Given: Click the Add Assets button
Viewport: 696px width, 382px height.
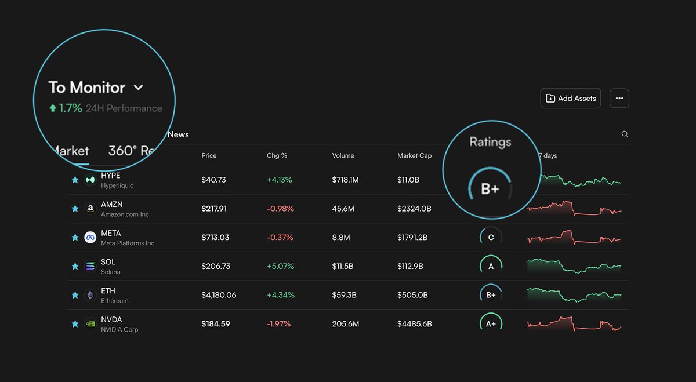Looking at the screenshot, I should pos(571,99).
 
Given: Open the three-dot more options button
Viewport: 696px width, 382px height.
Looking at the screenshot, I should pos(619,99).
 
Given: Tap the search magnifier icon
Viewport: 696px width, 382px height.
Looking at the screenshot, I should pos(625,134).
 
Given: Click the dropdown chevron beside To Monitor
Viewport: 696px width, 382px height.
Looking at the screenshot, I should pos(138,88).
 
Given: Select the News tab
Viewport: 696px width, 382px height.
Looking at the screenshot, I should pos(178,134).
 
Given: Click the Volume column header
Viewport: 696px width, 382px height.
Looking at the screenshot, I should pos(343,155).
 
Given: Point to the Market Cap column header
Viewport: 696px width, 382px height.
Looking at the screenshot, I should pos(414,155).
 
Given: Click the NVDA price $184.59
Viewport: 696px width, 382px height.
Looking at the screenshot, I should pos(216,324).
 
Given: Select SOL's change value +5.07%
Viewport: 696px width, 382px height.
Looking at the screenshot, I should pos(280,266).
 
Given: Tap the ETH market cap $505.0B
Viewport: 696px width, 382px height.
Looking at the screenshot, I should pos(412,295).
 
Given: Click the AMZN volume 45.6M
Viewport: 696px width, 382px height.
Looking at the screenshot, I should pos(343,209).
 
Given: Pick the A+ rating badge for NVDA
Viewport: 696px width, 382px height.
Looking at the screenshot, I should pos(491,324).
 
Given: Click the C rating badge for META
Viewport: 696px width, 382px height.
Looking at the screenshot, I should pos(491,238).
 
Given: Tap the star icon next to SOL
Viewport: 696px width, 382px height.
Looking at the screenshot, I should pos(75,267).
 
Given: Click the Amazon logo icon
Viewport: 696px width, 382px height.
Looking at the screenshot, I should pos(90,209).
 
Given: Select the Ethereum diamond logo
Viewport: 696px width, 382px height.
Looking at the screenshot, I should pos(90,295).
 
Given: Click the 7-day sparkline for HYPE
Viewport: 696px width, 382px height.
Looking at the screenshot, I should pos(580,181).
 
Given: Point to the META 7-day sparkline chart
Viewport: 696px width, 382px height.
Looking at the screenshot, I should pos(574,238).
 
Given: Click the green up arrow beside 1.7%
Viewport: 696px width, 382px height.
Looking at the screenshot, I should pos(53,108).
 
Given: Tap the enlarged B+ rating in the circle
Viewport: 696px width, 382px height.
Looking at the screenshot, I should pos(490,189).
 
